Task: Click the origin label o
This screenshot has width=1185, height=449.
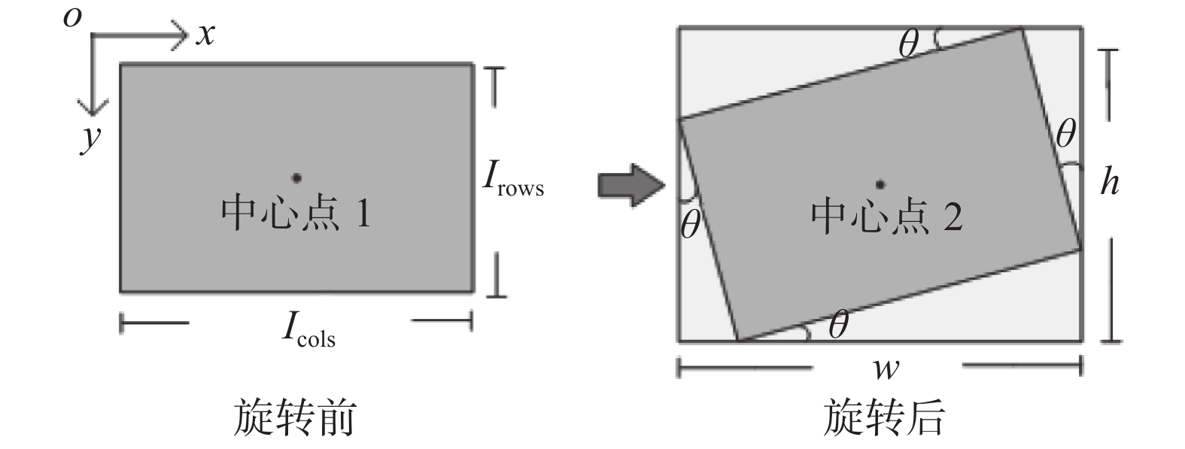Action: [72, 17]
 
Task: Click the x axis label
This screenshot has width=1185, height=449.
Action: [205, 34]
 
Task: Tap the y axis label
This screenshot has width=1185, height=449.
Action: [91, 138]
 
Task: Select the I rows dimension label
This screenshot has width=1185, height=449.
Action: [512, 180]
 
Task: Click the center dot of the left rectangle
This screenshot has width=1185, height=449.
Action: [297, 177]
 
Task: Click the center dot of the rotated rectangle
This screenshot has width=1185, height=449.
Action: [880, 184]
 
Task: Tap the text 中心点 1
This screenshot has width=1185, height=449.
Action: [296, 214]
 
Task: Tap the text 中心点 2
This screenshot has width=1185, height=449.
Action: [886, 217]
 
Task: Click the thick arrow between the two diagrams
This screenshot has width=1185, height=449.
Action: [630, 184]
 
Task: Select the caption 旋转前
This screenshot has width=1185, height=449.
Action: [293, 418]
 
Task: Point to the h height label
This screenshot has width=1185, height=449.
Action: [1110, 181]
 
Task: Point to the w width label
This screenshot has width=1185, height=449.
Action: [886, 369]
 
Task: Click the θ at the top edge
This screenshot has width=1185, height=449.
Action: [909, 46]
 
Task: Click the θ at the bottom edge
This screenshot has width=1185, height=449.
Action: [838, 326]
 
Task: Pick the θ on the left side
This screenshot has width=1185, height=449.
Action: [690, 224]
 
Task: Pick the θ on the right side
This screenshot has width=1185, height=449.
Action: [1065, 135]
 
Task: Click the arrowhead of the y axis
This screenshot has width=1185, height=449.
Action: [92, 109]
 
